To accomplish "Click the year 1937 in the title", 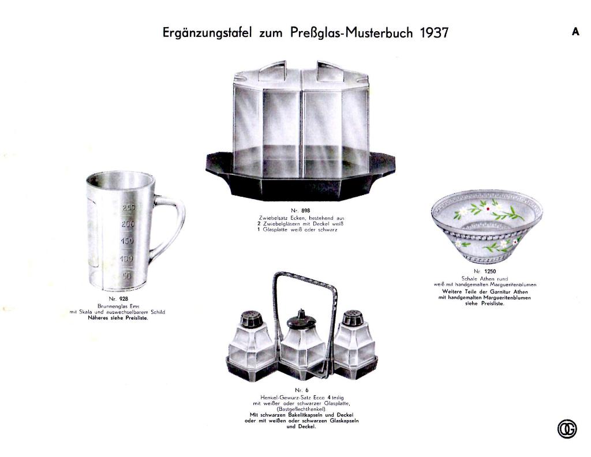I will coord(434,32).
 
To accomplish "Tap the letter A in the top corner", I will coord(575,32).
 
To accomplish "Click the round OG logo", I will coord(567,429).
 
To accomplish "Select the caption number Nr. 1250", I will coord(485,271).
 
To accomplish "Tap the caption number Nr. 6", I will coord(298,390).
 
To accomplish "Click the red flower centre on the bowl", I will coord(488,208).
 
